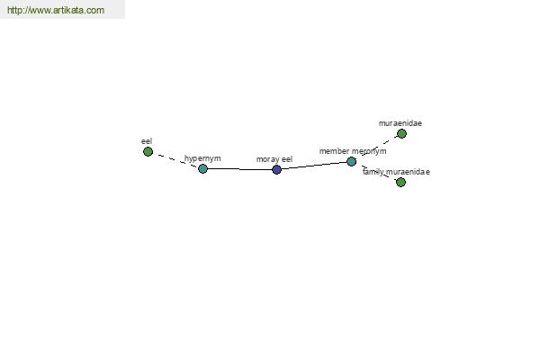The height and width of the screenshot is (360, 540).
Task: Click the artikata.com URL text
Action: coord(56,10)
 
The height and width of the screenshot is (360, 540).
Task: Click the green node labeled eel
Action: coord(148,151)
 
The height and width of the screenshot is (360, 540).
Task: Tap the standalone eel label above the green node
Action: coord(147,141)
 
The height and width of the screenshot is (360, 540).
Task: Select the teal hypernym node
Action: coord(202,168)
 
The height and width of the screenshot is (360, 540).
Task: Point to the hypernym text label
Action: coord(202,158)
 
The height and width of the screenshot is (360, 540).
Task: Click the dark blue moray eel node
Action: coord(276,169)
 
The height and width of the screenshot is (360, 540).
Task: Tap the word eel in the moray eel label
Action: coord(287,159)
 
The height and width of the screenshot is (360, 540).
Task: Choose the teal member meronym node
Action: coord(351,161)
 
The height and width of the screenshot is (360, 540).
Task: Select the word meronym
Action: coord(369,151)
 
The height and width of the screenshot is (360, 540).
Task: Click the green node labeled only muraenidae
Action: coord(401,134)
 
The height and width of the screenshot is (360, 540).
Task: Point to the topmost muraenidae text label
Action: coord(400,123)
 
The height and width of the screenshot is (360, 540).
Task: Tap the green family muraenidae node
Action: coord(400,182)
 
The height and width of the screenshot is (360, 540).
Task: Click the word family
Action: coord(373,172)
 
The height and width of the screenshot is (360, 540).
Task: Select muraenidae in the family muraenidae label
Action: coord(408,172)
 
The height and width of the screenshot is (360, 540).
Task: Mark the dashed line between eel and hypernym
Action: coord(175,160)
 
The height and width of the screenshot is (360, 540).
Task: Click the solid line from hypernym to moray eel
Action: coord(239,169)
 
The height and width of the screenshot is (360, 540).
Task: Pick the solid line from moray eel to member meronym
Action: coord(314,166)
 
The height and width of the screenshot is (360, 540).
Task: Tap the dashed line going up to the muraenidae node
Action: coord(376,148)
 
